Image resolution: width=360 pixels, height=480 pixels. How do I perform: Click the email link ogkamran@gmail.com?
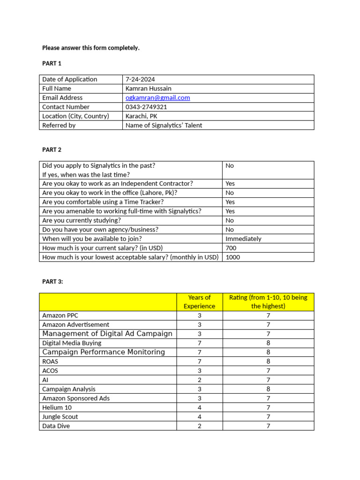point(157,97)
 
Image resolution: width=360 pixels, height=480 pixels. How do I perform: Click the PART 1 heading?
point(52,63)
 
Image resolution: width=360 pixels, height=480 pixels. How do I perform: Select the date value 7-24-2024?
point(140,79)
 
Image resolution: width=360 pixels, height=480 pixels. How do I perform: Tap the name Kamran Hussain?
point(148,89)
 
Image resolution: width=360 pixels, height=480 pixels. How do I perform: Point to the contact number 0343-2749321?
point(146,107)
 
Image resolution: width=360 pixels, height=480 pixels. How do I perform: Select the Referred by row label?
point(59,125)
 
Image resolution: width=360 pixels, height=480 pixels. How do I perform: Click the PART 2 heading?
point(52,150)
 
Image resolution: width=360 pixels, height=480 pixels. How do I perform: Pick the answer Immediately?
point(243,239)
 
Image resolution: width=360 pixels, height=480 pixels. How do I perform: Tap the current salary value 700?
point(231,248)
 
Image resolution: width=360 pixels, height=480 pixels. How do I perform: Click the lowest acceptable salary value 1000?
point(232,257)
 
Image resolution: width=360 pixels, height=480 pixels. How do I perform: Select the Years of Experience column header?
point(199,302)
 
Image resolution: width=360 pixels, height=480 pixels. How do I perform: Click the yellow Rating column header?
point(268,302)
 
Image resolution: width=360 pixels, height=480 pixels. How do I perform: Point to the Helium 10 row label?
point(57,407)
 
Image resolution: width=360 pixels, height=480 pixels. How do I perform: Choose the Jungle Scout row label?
point(60,417)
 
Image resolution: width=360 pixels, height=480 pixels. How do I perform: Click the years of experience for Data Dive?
point(199,426)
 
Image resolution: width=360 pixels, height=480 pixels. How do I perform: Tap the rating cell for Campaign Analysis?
point(268,389)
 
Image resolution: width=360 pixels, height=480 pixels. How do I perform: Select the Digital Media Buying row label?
point(72,343)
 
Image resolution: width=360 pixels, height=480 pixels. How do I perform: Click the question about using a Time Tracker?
point(103,202)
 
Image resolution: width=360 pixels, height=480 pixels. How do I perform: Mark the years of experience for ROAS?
point(199,361)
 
